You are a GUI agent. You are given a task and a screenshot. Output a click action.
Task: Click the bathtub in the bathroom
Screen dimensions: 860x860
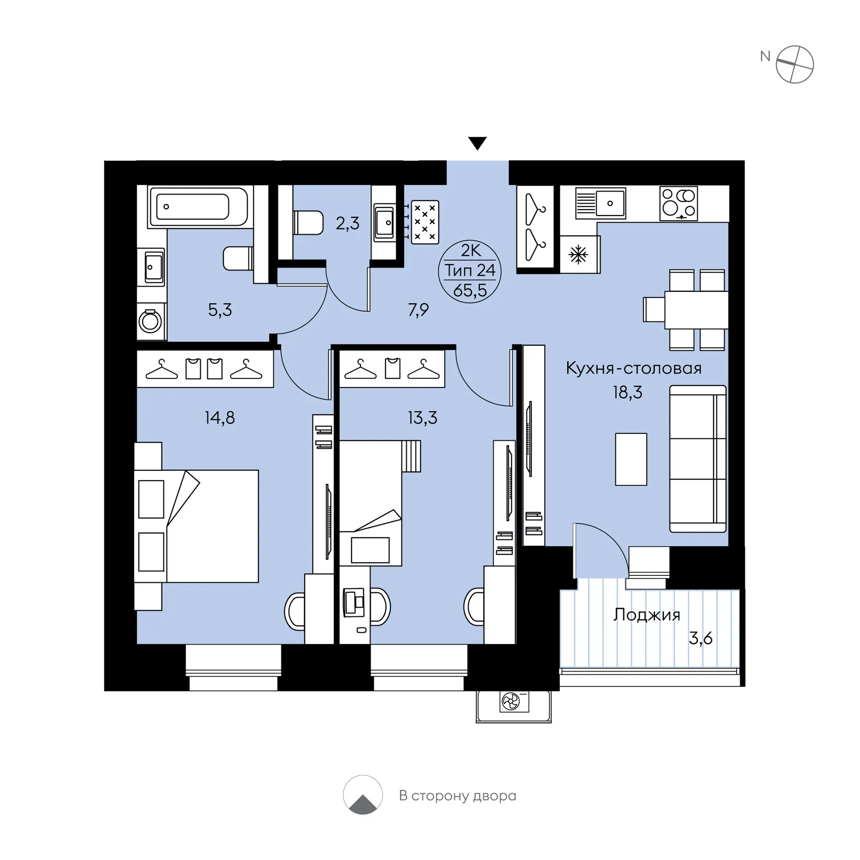click(x=198, y=207)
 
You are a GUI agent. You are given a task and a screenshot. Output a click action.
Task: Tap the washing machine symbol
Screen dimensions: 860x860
click(x=150, y=321)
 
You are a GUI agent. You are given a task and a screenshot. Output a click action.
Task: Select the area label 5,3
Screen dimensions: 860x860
click(x=220, y=310)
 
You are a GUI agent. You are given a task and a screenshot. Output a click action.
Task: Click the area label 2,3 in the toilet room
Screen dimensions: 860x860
click(x=347, y=223)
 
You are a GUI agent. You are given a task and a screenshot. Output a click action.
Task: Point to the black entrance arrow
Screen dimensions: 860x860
click(x=477, y=143)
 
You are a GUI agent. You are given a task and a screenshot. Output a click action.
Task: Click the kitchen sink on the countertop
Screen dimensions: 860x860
click(x=601, y=203)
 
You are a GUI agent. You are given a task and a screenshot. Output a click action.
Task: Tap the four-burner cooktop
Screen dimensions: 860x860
click(x=678, y=203)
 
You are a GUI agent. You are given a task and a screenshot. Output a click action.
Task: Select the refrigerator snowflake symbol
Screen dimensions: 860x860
click(x=578, y=255)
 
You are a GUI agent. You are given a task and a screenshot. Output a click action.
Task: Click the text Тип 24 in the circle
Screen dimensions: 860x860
click(x=470, y=270)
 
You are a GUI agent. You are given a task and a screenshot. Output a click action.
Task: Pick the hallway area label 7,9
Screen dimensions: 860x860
click(x=418, y=309)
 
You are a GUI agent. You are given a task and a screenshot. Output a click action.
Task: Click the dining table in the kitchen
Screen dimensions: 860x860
click(x=696, y=310)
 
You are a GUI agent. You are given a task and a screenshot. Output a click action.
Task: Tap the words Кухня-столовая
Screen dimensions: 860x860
click(x=633, y=369)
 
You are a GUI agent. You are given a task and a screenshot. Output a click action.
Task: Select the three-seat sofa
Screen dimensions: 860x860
click(x=698, y=459)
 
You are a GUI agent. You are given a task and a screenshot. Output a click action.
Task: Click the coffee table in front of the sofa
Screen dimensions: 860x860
click(x=631, y=459)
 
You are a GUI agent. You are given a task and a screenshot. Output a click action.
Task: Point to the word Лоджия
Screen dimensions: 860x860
click(x=646, y=615)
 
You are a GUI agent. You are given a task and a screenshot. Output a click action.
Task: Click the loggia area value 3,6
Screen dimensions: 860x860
click(x=701, y=638)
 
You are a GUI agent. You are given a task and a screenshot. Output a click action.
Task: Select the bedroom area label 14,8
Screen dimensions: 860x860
click(x=219, y=418)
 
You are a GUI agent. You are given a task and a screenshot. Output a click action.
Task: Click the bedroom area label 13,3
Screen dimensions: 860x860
click(x=423, y=418)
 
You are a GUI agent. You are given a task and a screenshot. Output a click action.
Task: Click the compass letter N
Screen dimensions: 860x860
click(x=765, y=56)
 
